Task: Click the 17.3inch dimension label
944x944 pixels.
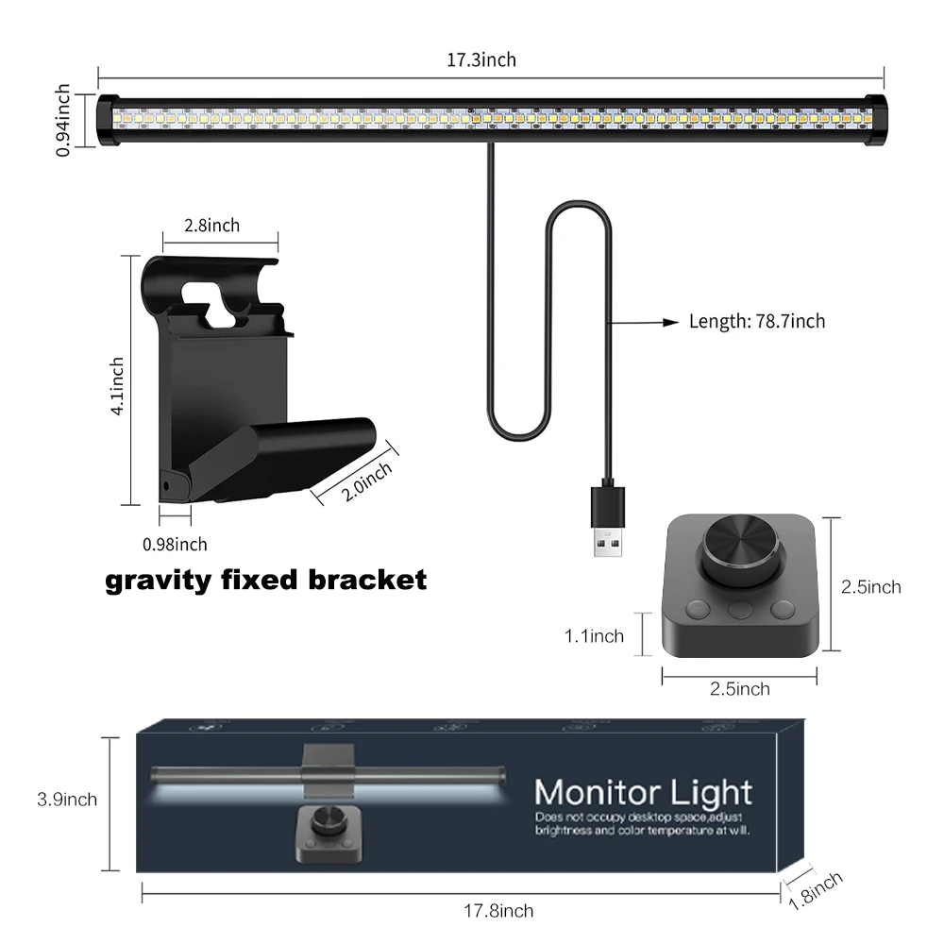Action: tap(481, 60)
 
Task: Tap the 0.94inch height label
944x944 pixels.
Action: tap(63, 119)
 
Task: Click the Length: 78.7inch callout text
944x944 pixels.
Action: tap(757, 322)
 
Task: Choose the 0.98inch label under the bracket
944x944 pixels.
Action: tap(175, 545)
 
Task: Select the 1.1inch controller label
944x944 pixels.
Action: tap(594, 636)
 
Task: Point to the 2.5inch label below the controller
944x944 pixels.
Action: tap(739, 689)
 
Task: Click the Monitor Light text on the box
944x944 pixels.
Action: tap(643, 791)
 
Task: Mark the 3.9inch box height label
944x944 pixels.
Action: tap(67, 800)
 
